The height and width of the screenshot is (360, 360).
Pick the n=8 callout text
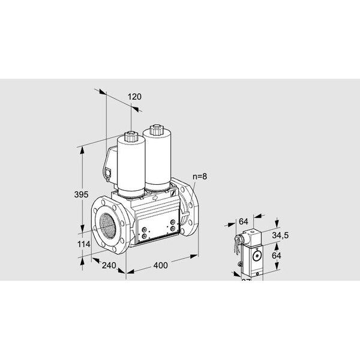coord(201,176)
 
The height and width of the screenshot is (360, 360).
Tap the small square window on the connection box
coord(109,175)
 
